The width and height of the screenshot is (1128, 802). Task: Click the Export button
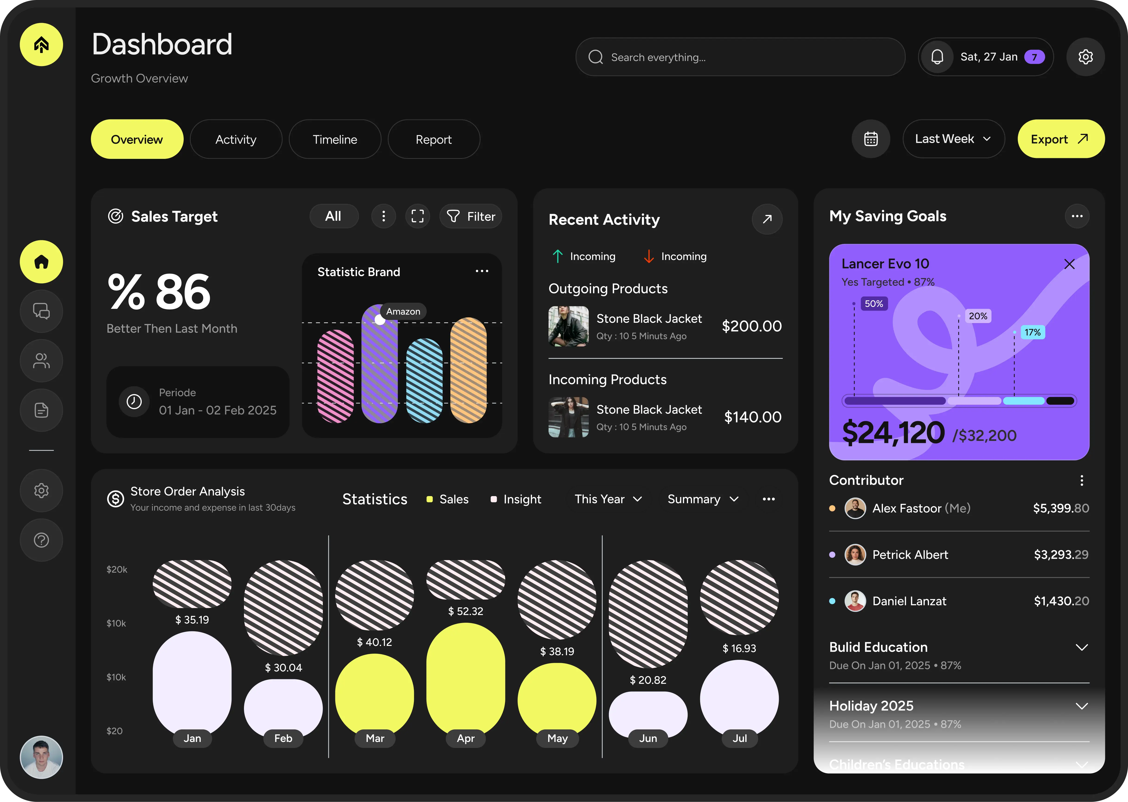[x=1060, y=139]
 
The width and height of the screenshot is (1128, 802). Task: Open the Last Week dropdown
[x=953, y=139]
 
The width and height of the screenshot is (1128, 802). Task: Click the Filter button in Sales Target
[x=471, y=216]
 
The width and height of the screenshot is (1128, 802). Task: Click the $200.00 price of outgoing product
[x=751, y=326]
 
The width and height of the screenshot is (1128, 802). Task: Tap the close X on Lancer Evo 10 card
[x=1069, y=264]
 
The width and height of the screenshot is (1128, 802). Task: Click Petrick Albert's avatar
[x=855, y=555]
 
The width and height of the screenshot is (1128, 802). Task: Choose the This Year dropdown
[x=608, y=499]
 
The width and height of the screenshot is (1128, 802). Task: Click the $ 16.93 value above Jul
[x=739, y=648]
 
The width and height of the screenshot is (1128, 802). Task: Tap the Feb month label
[x=283, y=738]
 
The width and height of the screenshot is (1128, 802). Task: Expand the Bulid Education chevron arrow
[x=1082, y=648]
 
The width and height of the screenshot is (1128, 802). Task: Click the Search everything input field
[x=740, y=57]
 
